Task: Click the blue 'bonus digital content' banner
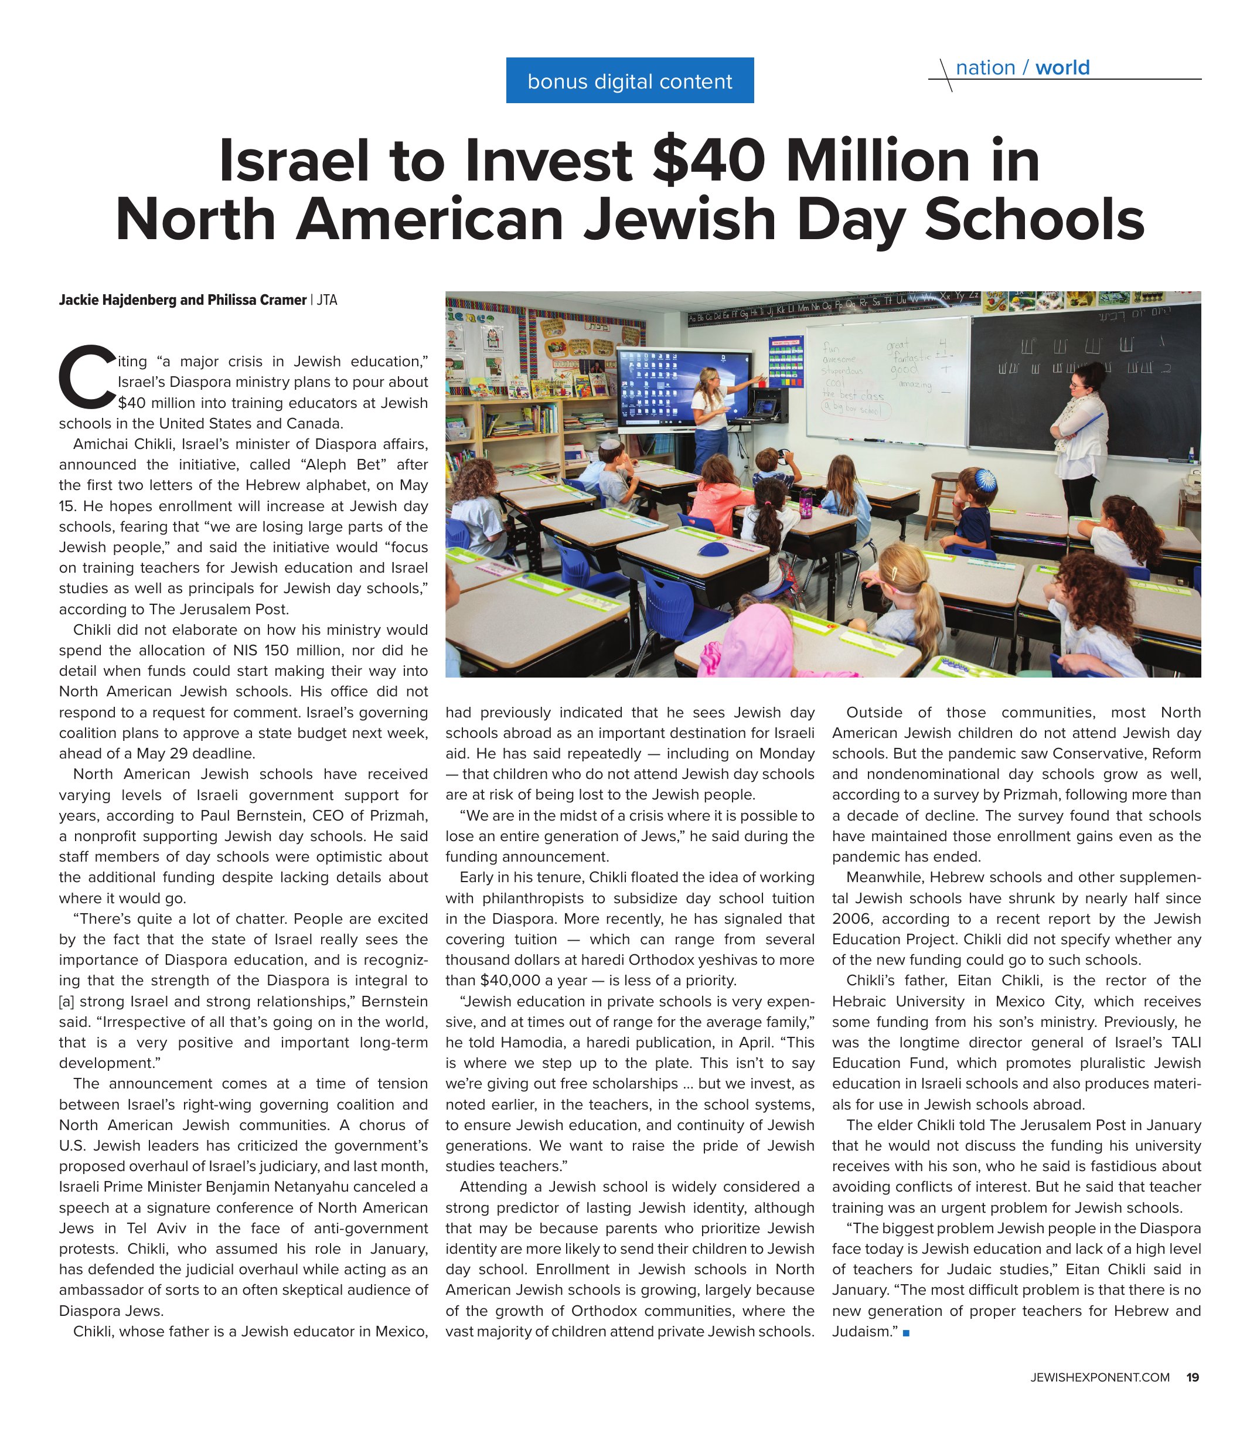click(x=629, y=81)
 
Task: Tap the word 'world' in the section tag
click(x=1061, y=68)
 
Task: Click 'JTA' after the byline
click(x=326, y=300)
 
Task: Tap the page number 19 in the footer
click(x=1193, y=1377)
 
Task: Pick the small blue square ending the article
click(x=906, y=1333)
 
